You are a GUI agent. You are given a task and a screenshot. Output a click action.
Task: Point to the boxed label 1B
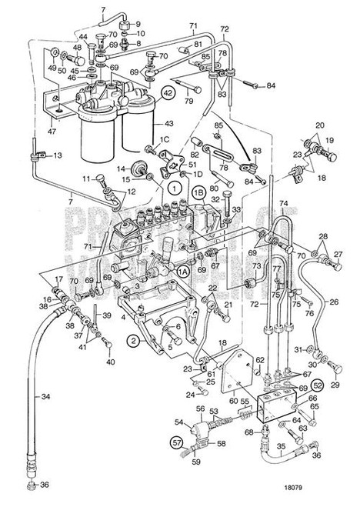tap(198, 195)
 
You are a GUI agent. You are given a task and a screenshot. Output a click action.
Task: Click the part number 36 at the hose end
tap(44, 485)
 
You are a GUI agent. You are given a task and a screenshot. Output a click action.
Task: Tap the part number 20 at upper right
tap(319, 125)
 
